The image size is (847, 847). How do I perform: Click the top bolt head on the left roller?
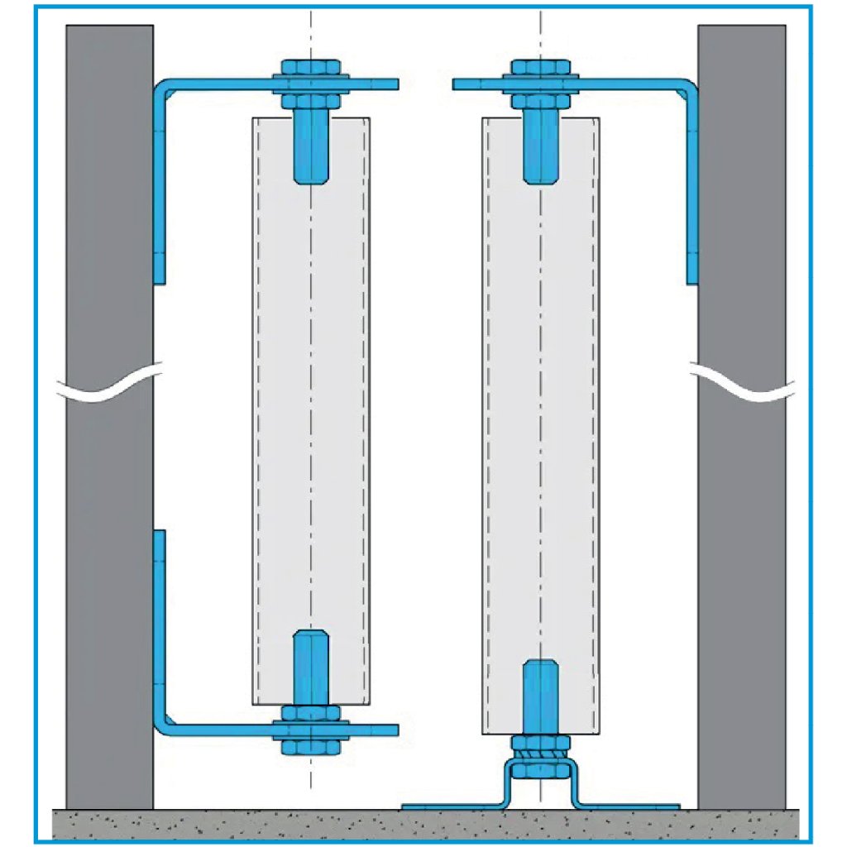click(310, 65)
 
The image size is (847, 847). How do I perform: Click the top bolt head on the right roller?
click(538, 65)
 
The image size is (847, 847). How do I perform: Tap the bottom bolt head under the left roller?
click(310, 747)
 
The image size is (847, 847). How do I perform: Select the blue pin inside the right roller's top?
click(538, 149)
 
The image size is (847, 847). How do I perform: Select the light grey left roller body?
click(281, 414)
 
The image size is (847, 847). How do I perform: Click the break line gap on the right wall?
click(741, 385)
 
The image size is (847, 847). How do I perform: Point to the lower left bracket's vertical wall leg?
click(160, 629)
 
